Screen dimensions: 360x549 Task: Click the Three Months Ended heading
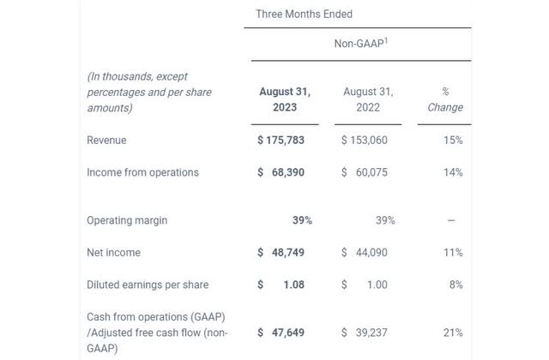(304, 15)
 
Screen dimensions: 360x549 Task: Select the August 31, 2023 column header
(285, 99)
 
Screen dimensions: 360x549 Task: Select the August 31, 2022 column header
(368, 99)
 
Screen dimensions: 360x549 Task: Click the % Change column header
(445, 99)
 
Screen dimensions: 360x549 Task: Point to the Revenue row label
(106, 140)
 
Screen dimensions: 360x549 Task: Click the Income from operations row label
(142, 172)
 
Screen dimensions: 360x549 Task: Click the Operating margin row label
(127, 220)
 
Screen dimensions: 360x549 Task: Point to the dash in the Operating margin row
(451, 220)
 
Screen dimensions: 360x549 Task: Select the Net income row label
(113, 253)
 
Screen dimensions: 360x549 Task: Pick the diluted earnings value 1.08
(293, 285)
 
